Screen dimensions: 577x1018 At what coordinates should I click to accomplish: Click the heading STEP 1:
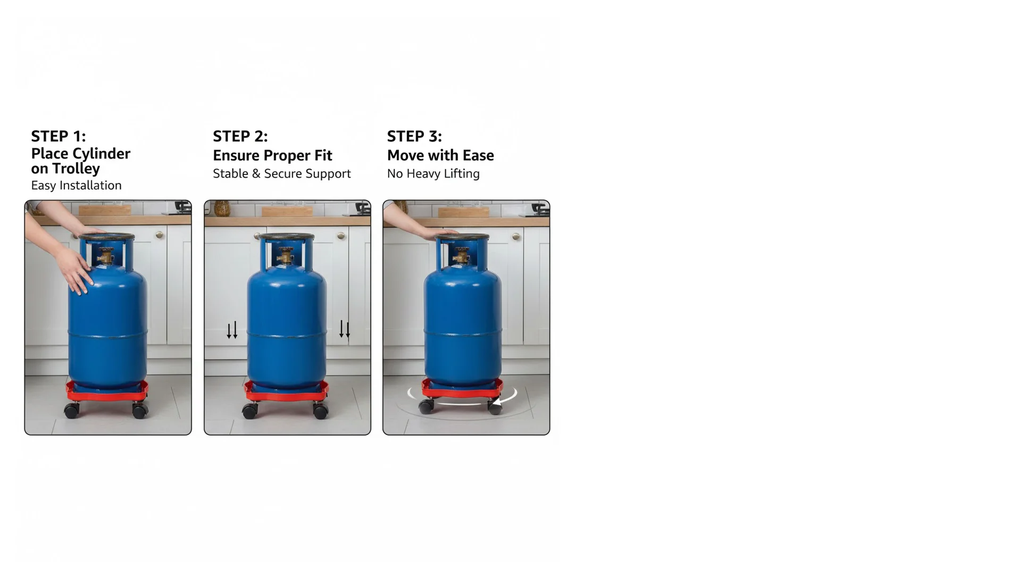click(58, 136)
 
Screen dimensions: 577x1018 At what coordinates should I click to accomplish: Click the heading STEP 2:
click(240, 137)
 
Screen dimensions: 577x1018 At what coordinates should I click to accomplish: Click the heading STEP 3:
click(414, 137)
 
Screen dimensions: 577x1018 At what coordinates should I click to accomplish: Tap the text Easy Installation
click(76, 186)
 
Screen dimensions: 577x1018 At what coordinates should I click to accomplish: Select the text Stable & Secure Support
click(281, 174)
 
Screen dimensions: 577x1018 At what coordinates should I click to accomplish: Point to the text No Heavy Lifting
click(433, 174)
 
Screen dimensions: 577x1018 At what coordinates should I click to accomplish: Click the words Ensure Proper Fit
click(272, 156)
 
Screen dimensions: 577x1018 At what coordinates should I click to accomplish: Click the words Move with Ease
click(440, 156)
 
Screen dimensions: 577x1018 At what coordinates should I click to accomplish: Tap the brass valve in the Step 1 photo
click(105, 257)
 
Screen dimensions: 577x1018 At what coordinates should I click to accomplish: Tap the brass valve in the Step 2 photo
click(285, 258)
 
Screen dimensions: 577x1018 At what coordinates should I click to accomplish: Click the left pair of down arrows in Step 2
click(232, 330)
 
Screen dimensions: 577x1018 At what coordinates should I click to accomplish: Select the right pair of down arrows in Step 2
click(345, 330)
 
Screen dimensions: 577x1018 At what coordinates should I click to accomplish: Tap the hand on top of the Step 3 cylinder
click(443, 234)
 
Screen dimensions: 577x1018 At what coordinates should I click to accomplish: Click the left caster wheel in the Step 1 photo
click(72, 410)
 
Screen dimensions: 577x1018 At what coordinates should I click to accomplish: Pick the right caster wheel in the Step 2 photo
click(321, 411)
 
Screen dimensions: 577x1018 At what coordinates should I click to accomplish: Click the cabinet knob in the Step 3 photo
click(515, 237)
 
